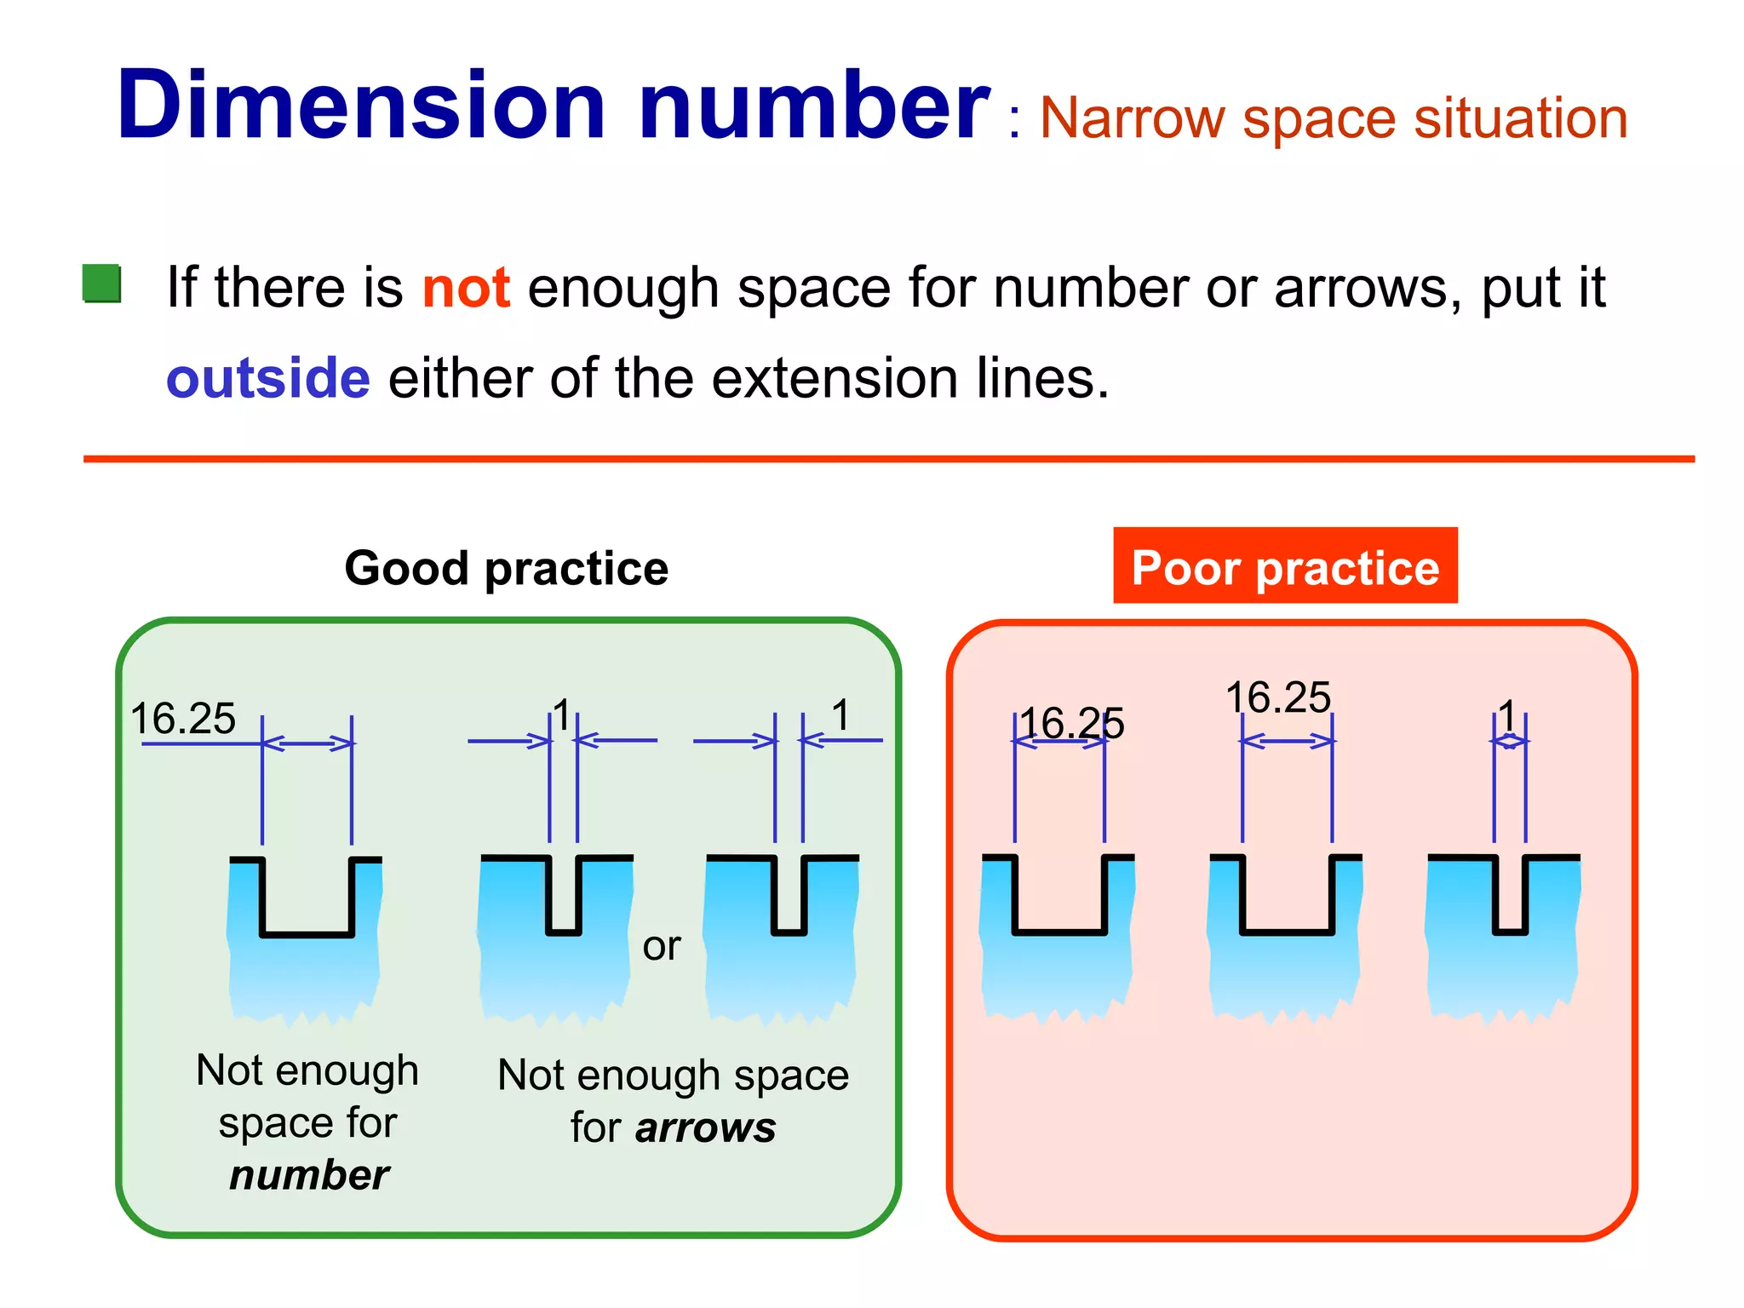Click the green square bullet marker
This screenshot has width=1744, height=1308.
(101, 284)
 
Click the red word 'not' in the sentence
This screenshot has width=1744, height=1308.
(466, 288)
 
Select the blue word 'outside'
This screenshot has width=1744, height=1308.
(268, 379)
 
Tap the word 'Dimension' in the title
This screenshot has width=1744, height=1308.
(361, 106)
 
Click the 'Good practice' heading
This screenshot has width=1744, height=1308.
(507, 568)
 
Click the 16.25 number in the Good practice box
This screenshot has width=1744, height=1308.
(183, 719)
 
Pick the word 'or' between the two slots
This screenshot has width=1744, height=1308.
(662, 946)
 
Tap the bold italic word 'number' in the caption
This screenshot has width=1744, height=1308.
(309, 1175)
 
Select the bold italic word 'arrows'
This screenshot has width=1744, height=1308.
(705, 1127)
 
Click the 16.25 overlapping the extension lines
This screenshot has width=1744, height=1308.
(1072, 724)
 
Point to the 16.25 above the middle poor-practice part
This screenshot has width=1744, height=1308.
(1278, 697)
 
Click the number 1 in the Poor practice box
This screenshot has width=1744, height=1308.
(1508, 715)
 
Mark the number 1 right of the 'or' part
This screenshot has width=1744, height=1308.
(841, 714)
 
